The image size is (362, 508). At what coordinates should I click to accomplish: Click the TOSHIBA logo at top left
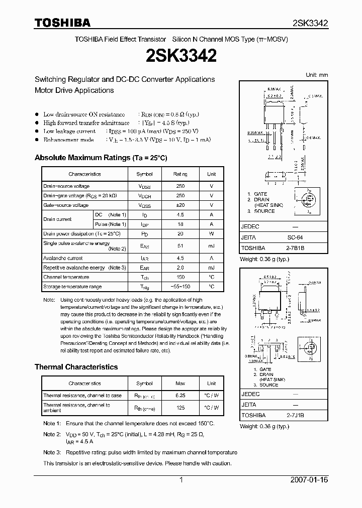tap(62, 23)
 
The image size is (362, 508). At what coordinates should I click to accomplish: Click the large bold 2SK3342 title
tap(181, 56)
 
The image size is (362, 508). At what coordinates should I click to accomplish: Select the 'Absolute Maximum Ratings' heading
tap(101, 158)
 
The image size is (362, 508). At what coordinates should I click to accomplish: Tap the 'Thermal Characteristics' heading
tap(76, 367)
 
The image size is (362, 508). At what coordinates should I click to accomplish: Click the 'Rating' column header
tap(180, 174)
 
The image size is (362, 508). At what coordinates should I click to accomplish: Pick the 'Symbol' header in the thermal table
tap(144, 384)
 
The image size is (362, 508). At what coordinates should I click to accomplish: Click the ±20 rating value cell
tap(180, 205)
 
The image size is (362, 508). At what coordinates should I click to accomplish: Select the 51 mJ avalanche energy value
tap(180, 246)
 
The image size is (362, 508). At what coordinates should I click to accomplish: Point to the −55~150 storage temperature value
tap(180, 287)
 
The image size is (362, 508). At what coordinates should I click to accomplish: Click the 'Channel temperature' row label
tap(66, 277)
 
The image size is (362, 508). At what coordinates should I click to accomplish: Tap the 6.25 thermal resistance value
tap(180, 396)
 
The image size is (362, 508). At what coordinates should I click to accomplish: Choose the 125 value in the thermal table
tap(180, 408)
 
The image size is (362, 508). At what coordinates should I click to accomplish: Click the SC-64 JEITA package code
tap(295, 237)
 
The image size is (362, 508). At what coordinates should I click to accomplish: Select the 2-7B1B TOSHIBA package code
tap(295, 248)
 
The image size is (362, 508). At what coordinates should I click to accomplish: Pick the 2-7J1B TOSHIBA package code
tap(295, 416)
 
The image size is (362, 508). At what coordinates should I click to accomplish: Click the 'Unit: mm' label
tap(317, 75)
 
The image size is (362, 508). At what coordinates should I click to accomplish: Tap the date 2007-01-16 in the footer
tap(309, 480)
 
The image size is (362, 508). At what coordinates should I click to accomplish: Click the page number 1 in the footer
tap(181, 480)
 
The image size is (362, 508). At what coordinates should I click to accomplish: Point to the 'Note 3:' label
tap(52, 452)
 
